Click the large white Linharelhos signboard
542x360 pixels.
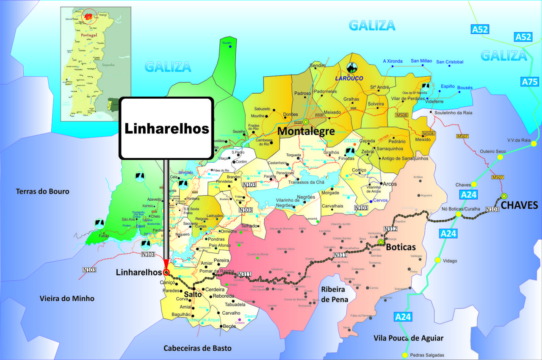(x=166, y=128)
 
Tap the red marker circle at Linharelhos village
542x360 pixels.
(x=166, y=272)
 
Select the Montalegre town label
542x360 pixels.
(x=306, y=131)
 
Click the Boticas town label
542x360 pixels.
(x=401, y=246)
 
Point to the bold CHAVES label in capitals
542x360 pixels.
(x=519, y=205)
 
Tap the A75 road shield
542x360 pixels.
(x=530, y=82)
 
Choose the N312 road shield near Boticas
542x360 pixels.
(x=390, y=229)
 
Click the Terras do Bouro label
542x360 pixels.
(x=42, y=191)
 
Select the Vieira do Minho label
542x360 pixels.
(x=67, y=299)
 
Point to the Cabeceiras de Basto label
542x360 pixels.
(x=198, y=348)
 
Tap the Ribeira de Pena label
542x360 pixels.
(x=335, y=294)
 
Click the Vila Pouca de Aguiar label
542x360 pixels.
(x=408, y=338)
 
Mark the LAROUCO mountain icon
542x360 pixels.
(x=351, y=67)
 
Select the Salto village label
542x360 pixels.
(x=193, y=294)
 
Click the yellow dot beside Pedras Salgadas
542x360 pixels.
(x=405, y=355)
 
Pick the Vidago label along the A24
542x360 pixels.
(x=450, y=261)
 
